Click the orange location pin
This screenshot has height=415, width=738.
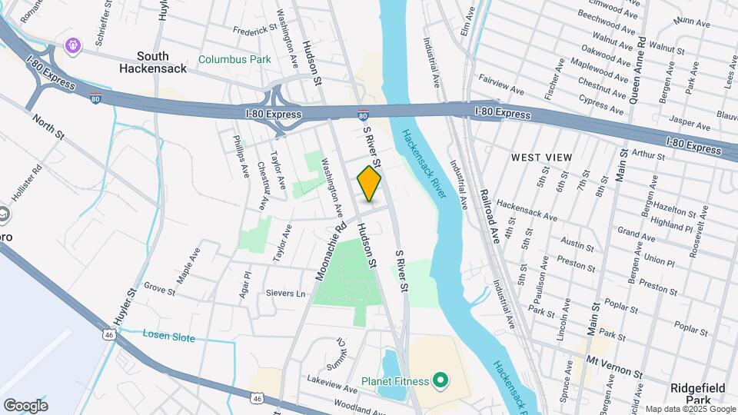[x=369, y=184]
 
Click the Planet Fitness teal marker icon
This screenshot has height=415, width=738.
[x=440, y=380]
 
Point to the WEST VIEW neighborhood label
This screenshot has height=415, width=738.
[x=542, y=158]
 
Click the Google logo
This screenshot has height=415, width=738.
[x=25, y=406]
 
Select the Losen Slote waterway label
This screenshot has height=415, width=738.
[x=169, y=337]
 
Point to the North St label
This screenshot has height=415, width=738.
[x=48, y=126]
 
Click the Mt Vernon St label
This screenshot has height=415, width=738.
[x=614, y=360]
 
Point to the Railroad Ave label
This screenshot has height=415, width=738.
[x=490, y=217]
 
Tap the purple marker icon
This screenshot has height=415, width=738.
[x=73, y=46]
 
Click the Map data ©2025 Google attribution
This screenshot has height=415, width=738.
[x=690, y=409]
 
